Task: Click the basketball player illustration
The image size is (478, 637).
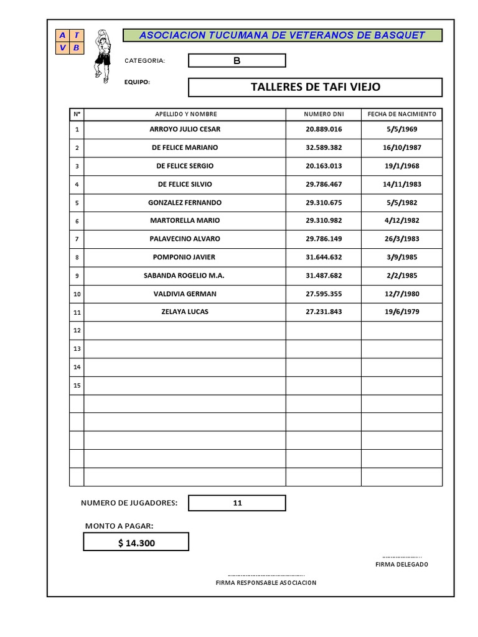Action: click(x=101, y=56)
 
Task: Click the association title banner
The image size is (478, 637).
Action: click(x=282, y=35)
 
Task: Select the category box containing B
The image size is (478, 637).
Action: click(x=237, y=60)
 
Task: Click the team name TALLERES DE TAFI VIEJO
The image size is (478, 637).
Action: click(x=315, y=87)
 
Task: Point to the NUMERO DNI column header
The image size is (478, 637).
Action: click(x=324, y=114)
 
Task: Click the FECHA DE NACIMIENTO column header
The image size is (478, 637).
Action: click(x=402, y=114)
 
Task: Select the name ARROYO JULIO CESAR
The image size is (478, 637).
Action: click(x=185, y=129)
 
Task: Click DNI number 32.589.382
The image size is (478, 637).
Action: click(x=324, y=148)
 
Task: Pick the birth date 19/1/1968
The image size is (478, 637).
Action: click(x=401, y=166)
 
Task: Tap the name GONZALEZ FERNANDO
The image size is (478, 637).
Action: click(x=185, y=203)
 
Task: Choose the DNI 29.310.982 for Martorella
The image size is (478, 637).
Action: click(x=324, y=221)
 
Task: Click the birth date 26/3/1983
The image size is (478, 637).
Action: click(x=401, y=239)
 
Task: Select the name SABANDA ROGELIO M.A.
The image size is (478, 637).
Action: click(x=185, y=276)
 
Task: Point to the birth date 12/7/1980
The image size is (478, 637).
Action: click(x=401, y=294)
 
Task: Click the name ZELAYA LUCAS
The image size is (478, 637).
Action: click(x=185, y=312)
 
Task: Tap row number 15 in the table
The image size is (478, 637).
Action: click(x=77, y=386)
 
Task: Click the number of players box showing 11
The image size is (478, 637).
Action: click(x=237, y=503)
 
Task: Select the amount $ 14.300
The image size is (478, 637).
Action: click(x=136, y=543)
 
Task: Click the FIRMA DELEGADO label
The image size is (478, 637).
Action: click(x=401, y=565)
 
